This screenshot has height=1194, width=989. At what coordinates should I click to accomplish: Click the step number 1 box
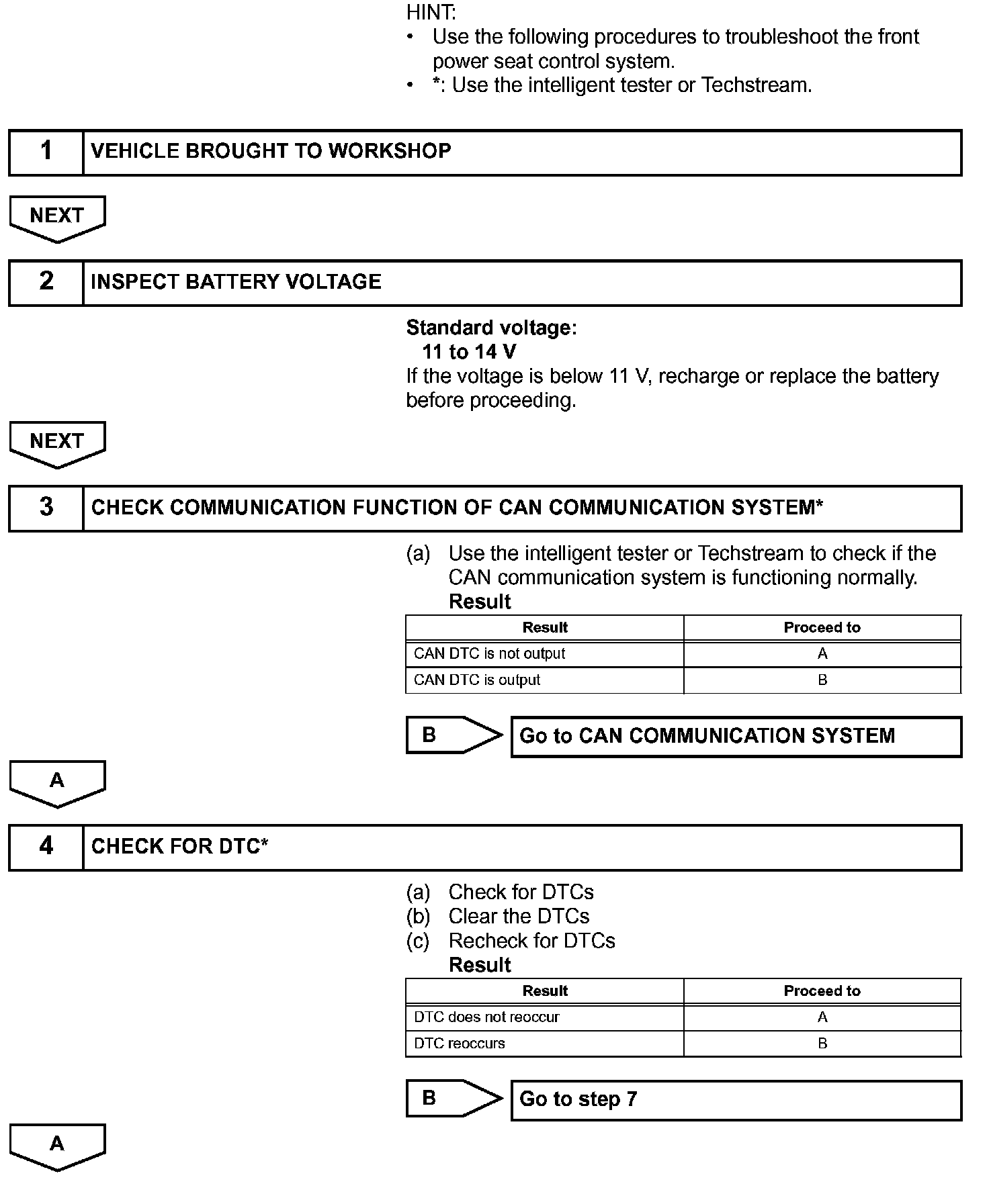pos(46,152)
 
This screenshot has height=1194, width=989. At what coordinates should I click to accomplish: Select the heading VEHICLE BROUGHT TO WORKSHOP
pos(271,151)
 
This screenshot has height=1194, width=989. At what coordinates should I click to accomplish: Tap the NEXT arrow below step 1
pos(57,218)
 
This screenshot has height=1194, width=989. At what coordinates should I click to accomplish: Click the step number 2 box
pos(46,283)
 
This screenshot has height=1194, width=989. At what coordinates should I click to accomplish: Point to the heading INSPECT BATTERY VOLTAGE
pos(236,282)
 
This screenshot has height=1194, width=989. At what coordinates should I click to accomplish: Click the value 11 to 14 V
pos(469,352)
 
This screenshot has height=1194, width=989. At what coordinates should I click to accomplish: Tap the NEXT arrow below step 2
pos(57,443)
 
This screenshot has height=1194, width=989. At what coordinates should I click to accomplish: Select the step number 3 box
pos(46,508)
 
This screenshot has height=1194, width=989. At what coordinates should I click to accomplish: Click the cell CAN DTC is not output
pos(489,654)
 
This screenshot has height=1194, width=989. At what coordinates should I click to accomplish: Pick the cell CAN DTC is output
pos(477,680)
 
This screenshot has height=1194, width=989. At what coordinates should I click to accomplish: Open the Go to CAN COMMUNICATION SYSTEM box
pos(736,737)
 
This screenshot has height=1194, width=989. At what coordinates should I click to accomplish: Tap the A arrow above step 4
pos(57,782)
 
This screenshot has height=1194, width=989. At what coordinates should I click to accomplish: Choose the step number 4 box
pos(46,847)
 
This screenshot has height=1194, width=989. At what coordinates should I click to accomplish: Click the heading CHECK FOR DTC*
pos(179,846)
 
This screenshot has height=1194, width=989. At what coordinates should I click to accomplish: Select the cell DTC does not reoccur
pos(486,1017)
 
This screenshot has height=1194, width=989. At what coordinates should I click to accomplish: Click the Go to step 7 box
pos(736,1100)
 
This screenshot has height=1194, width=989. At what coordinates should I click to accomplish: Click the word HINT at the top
pos(431,12)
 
